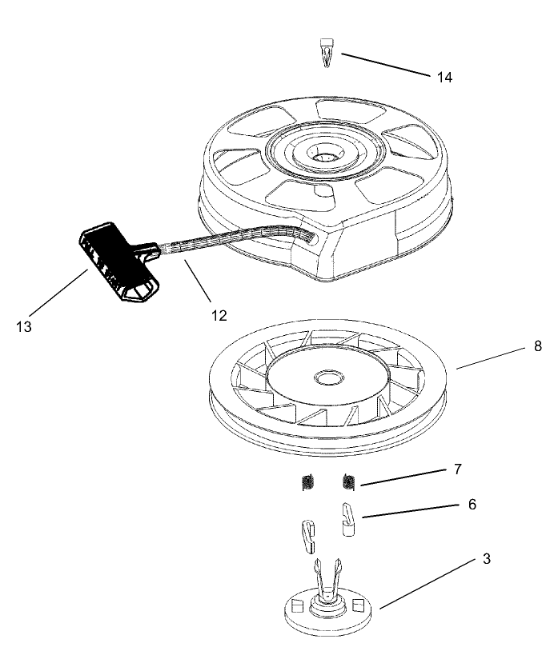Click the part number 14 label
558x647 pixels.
(444, 77)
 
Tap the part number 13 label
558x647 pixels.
(23, 326)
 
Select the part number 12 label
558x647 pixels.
(219, 315)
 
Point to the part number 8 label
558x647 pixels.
(515, 346)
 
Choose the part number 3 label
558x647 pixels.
(486, 559)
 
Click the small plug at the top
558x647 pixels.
(325, 51)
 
